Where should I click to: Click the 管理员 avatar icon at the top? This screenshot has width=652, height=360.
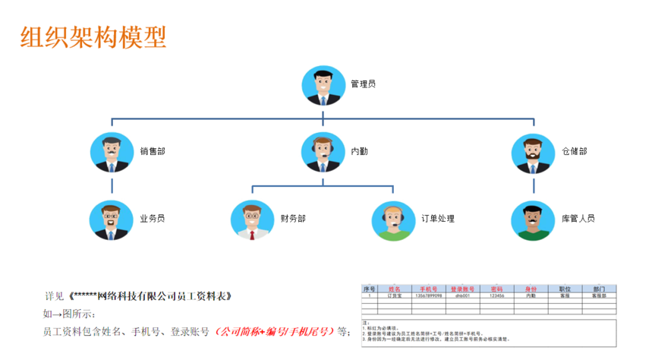tap(323, 85)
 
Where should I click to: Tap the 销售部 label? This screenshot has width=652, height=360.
tap(153, 151)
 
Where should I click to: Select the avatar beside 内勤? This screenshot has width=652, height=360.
tap(323, 152)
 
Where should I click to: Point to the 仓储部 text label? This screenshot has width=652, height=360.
tap(575, 151)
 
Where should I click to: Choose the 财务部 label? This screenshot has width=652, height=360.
tap(292, 219)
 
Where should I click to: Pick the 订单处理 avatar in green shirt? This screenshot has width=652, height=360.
tap(393, 220)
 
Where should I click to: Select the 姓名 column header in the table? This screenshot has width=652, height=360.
tap(394, 289)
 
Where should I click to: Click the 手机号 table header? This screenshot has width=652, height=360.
tap(429, 289)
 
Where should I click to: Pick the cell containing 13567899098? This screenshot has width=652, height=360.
tap(429, 296)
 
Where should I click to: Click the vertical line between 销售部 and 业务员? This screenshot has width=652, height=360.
tap(112, 185)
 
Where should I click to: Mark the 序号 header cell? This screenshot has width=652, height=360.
tap(370, 289)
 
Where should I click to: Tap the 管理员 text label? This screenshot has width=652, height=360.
tap(363, 84)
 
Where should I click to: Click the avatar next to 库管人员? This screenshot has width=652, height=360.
tap(533, 220)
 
